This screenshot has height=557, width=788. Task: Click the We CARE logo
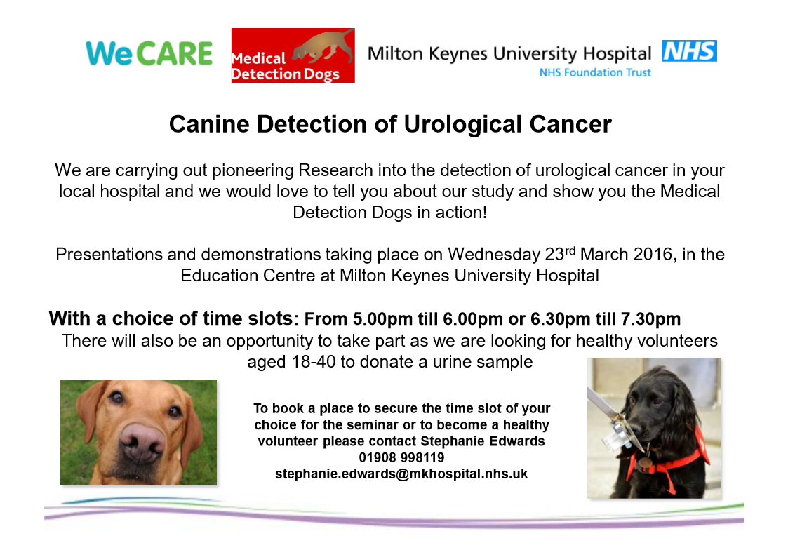coord(149,53)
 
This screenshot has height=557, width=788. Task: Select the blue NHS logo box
coord(689,51)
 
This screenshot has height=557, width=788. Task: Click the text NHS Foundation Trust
coord(595,72)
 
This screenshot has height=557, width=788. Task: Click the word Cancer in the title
coord(573,124)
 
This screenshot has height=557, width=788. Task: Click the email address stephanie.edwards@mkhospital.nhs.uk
coord(401,475)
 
